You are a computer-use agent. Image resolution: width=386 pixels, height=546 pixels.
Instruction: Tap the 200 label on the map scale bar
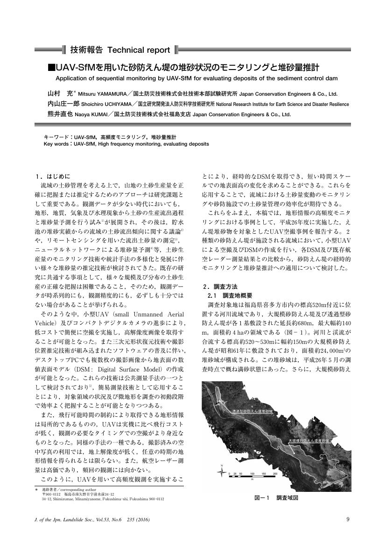275,474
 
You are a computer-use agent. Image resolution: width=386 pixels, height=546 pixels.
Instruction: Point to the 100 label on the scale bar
253,474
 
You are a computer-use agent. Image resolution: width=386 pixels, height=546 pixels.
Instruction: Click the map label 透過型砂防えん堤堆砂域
252,412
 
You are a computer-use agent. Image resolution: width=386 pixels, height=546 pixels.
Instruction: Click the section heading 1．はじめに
52,176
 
